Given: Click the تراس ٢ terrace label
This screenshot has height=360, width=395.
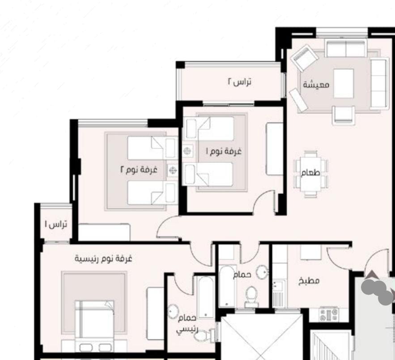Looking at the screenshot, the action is [240, 82].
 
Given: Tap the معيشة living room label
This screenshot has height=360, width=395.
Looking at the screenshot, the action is [316, 84].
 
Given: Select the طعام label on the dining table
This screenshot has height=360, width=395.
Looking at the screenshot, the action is [310, 173].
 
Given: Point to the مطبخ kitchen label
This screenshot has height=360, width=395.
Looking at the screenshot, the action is [309, 281].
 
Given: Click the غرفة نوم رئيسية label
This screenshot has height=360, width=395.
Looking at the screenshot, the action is [103, 259].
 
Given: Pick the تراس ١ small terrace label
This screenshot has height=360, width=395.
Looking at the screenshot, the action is [56, 224].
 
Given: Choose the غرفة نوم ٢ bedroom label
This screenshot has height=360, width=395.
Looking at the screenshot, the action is [139, 169].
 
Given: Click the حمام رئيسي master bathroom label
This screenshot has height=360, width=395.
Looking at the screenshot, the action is [187, 323].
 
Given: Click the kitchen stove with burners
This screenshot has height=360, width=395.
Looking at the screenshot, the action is [328, 314].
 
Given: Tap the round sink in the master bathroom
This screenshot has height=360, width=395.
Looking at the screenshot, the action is [173, 311].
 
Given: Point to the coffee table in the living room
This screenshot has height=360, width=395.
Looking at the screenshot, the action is [344, 83].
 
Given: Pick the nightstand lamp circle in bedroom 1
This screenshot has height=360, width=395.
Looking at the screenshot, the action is [187, 151].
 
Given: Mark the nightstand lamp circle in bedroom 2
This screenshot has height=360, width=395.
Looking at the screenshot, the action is [173, 171].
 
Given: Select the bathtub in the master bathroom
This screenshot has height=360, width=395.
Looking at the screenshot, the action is [205, 297].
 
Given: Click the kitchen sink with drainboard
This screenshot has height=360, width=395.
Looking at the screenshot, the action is [279, 293].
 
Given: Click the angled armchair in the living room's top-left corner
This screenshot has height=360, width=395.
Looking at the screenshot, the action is [303, 58].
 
